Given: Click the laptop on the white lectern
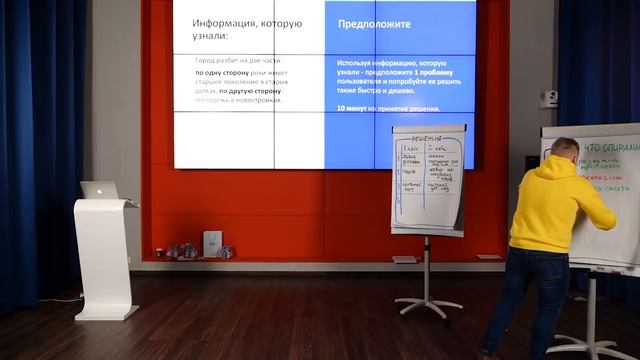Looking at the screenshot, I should pyautogui.click(x=100, y=190).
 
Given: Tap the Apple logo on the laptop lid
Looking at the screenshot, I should pyautogui.click(x=99, y=189).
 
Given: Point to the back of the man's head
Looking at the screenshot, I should pyautogui.click(x=563, y=148).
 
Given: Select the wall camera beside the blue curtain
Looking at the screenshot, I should pyautogui.click(x=549, y=99).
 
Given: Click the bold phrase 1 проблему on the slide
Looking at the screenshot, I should pyautogui.click(x=442, y=71).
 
